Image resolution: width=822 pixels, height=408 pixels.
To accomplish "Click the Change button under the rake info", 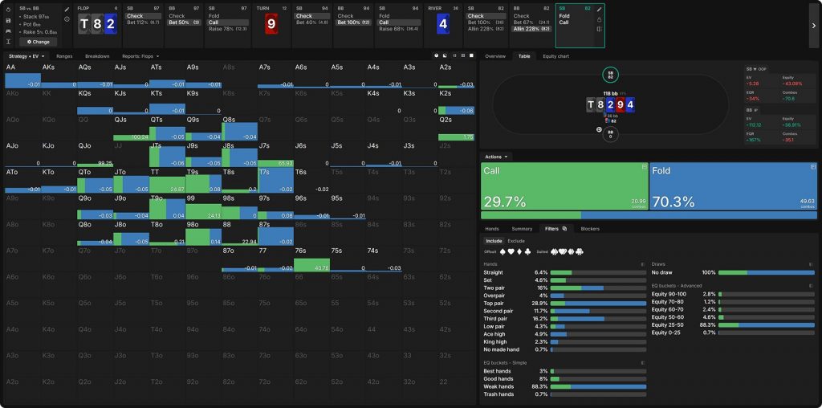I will tap(38, 42).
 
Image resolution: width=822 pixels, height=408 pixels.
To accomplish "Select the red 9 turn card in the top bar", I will tap(271, 23).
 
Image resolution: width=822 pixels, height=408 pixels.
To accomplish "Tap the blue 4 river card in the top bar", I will tap(442, 23).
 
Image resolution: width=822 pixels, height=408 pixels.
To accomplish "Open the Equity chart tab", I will tap(556, 56).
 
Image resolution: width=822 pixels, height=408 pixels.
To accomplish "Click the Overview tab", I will tap(495, 56).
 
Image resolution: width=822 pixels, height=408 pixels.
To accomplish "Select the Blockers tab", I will tap(590, 229).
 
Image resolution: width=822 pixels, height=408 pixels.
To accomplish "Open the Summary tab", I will tap(522, 229).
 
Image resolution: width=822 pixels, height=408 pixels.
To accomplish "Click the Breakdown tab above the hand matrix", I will tap(97, 56).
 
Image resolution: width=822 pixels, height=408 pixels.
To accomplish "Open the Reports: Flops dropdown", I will tap(140, 56).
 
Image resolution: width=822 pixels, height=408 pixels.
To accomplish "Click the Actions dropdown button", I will tap(497, 157).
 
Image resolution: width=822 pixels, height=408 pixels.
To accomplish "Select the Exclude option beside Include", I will tap(516, 240).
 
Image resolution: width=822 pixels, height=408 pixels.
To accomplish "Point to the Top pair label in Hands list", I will tap(494, 303).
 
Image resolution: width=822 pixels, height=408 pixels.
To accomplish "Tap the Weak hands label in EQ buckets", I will tap(498, 386).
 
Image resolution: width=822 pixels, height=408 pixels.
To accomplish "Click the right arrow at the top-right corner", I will tap(814, 24).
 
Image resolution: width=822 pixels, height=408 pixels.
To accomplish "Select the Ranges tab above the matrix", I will tap(64, 56).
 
